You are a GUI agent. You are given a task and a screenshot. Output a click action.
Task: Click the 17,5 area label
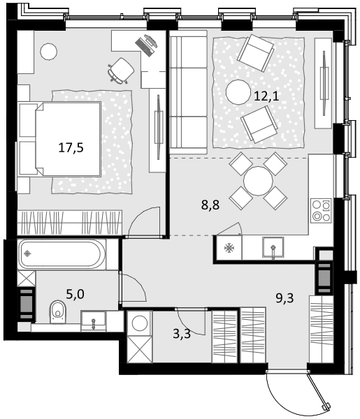pyautogui.click(x=71, y=147)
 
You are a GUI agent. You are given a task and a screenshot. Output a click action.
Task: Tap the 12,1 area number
pyautogui.click(x=266, y=96)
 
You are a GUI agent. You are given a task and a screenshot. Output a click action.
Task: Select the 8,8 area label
pyautogui.click(x=210, y=205)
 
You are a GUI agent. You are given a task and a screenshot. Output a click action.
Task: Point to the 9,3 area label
pyautogui.click(x=285, y=298)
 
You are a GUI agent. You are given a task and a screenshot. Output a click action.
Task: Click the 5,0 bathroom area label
pyautogui.click(x=75, y=294)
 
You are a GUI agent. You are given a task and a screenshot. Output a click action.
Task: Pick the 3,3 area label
pyautogui.click(x=182, y=334)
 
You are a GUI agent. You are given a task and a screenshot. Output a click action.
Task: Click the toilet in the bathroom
pyautogui.click(x=57, y=312)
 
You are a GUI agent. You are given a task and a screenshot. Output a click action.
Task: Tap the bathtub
pyautogui.click(x=59, y=253)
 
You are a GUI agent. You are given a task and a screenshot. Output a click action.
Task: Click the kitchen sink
pyautogui.click(x=273, y=248)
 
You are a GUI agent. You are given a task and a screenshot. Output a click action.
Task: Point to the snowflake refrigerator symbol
pyautogui.click(x=229, y=248)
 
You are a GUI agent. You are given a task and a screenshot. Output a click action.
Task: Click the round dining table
pyautogui.click(x=258, y=181)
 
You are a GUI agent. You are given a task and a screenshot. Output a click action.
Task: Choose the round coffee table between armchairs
pyautogui.click(x=238, y=92)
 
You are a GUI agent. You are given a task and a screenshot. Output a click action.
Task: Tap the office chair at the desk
pyautogui.click(x=121, y=71)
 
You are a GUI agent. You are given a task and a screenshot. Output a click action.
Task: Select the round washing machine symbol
pyautogui.click(x=140, y=323)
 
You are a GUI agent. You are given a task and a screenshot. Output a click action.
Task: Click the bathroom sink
pyautogui.click(x=94, y=321)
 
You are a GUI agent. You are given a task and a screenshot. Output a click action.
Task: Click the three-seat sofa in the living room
pyautogui.click(x=189, y=92)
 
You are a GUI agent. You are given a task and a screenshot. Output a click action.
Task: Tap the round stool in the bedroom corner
pyautogui.click(x=48, y=52)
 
